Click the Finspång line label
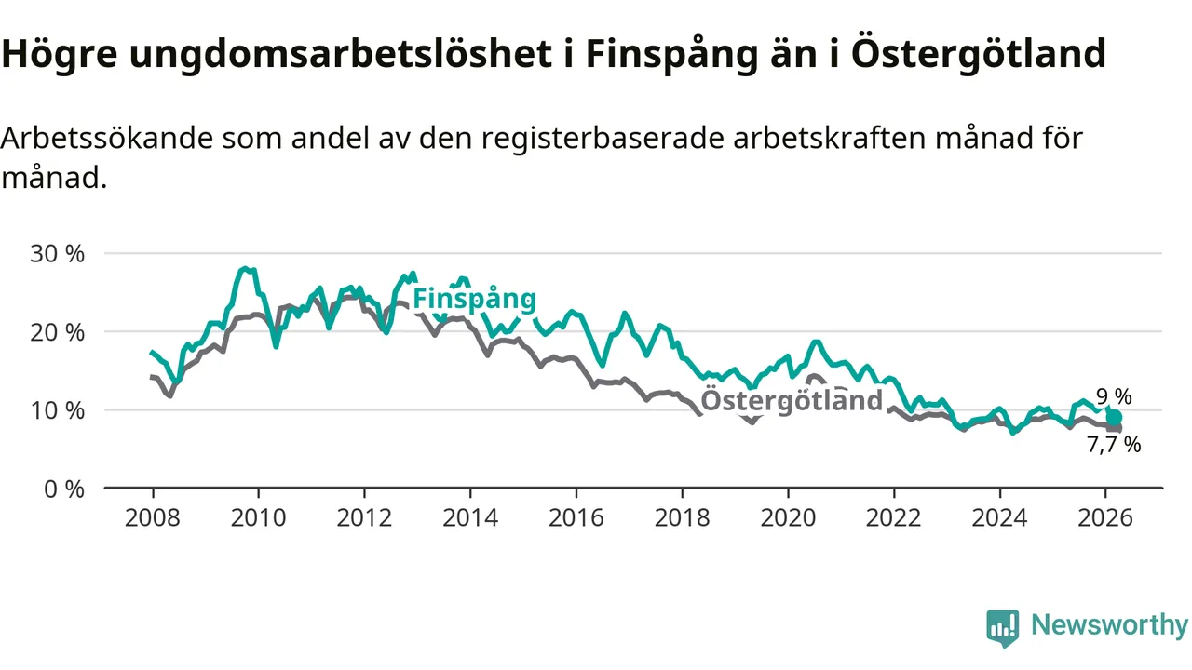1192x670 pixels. click(474, 299)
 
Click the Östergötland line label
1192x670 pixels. click(791, 401)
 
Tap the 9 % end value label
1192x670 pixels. click(1114, 397)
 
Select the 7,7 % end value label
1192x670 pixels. click(1114, 445)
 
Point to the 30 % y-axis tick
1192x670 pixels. click(58, 254)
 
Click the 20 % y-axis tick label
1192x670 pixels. click(58, 332)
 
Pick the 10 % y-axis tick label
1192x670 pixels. click(58, 410)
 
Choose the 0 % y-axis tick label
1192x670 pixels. click(63, 489)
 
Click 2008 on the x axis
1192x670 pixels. click(153, 516)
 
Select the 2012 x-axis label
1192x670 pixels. click(364, 516)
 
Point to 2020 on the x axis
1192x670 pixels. click(788, 516)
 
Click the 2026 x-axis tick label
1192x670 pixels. click(1105, 516)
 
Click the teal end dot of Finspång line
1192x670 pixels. click(1114, 417)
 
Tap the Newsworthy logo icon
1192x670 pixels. click(1003, 628)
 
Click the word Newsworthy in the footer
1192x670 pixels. click(1109, 625)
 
